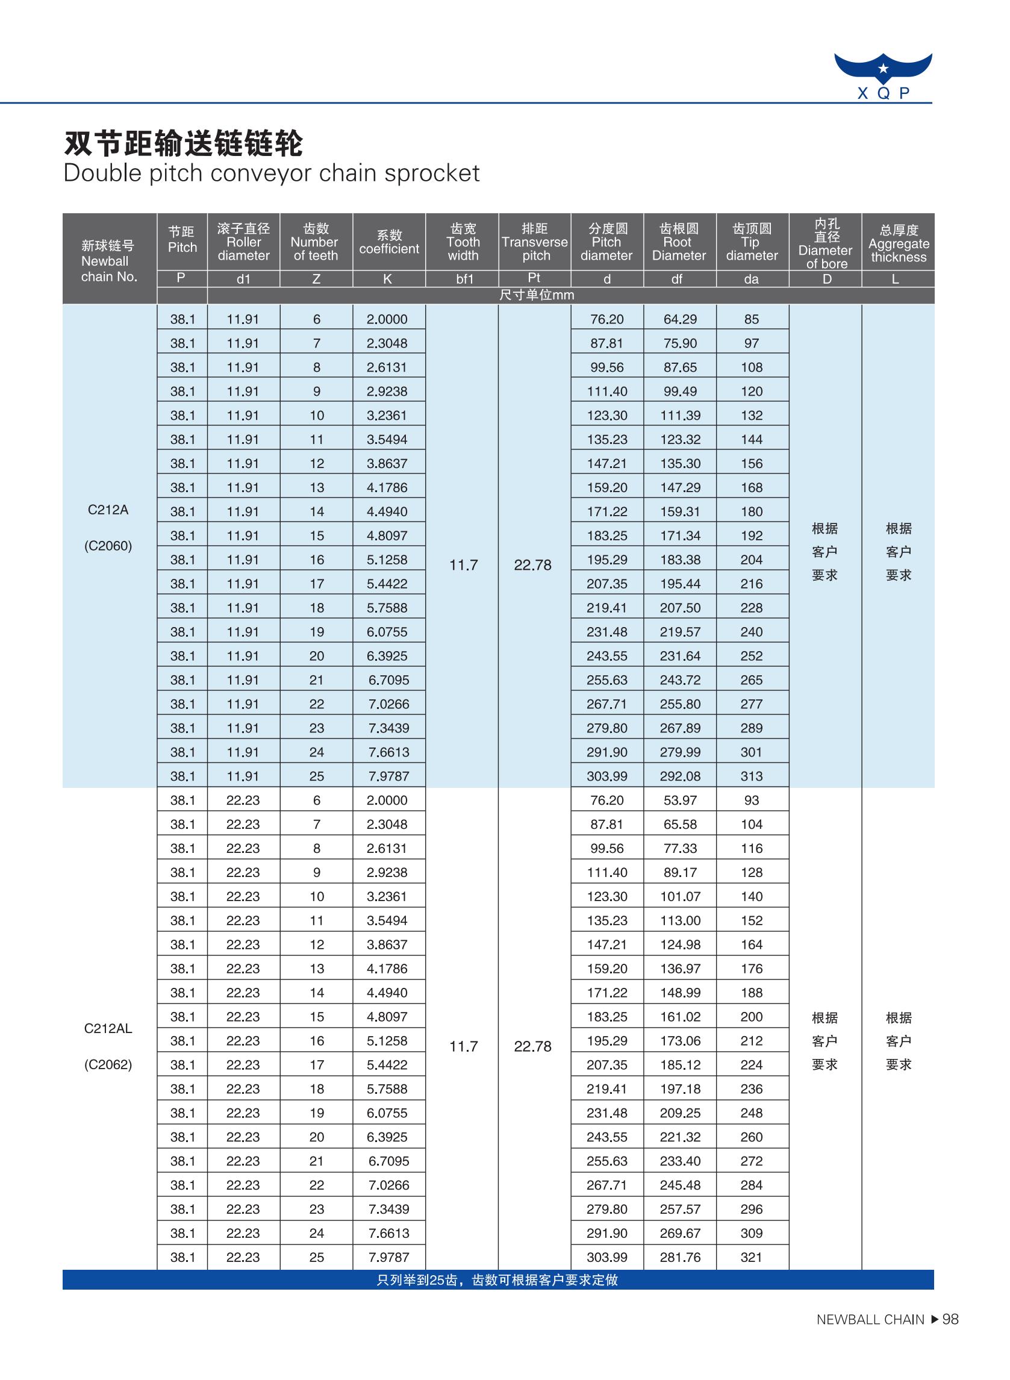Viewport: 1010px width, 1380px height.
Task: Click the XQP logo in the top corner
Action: (x=883, y=76)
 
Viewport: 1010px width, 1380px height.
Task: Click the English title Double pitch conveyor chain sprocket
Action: (x=272, y=173)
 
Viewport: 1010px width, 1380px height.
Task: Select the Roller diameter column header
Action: (x=243, y=242)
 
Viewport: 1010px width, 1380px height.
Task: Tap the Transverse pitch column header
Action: (x=534, y=242)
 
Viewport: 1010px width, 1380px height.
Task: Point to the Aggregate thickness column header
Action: (x=898, y=243)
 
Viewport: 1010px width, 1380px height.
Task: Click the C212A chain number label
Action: (x=108, y=510)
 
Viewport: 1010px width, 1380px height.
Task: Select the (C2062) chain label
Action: (x=108, y=1064)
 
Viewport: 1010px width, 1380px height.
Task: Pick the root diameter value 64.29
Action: (x=680, y=319)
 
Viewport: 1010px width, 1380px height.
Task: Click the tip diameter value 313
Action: (x=752, y=776)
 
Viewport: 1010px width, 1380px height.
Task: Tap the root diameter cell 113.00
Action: (x=680, y=920)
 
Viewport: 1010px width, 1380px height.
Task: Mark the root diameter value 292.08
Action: (x=680, y=776)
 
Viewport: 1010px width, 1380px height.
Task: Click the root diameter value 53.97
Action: (x=680, y=800)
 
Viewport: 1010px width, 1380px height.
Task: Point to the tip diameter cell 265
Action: (x=752, y=680)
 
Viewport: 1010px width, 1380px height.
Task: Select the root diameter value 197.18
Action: (x=680, y=1088)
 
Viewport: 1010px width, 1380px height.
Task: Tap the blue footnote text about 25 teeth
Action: (x=497, y=1280)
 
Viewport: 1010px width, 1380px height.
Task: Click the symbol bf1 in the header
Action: (x=465, y=279)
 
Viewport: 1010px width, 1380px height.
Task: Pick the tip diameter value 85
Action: (x=752, y=319)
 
